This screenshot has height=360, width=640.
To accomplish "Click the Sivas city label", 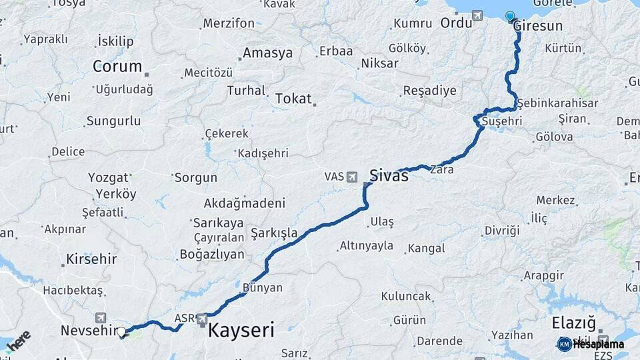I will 389,177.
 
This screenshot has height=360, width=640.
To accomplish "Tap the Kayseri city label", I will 241,330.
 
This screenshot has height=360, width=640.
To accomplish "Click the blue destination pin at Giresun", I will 511,17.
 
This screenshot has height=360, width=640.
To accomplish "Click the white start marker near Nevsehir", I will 121,331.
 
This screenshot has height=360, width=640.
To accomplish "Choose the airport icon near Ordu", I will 477,15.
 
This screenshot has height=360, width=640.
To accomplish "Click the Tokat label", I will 293,99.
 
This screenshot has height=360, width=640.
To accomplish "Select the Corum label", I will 117,66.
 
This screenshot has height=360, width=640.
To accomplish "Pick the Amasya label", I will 267,53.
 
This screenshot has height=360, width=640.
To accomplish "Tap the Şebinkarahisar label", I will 557,103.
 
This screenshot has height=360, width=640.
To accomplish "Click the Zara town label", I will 442,170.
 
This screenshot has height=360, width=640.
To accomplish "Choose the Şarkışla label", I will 274,233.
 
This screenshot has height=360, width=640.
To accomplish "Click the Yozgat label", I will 107,178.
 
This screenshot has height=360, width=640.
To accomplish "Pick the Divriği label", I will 501,231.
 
